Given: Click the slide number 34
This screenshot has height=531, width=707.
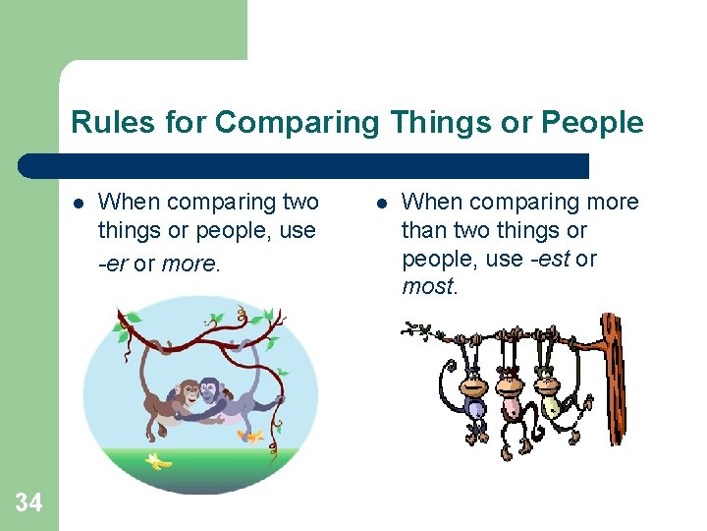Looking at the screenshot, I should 28,503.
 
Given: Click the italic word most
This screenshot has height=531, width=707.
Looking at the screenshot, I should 427,287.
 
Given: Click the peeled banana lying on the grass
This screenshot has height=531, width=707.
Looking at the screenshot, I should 158,460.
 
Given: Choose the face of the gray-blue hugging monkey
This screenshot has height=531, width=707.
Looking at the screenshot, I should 212,392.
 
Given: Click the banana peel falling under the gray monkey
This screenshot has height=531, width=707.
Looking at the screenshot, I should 252,436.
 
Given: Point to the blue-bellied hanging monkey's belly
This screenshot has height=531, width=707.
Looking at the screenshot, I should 474,409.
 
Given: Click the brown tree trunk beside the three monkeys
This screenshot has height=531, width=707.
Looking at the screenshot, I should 614,379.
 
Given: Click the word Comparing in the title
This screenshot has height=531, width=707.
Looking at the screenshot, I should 296,123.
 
